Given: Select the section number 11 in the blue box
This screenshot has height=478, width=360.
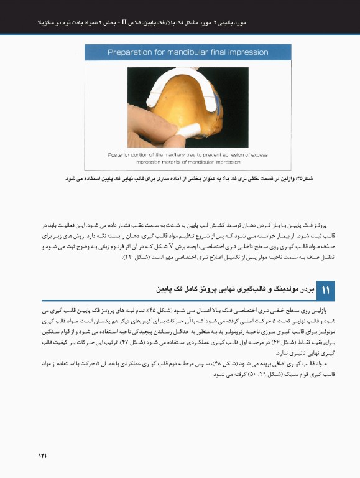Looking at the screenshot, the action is point(326,289).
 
